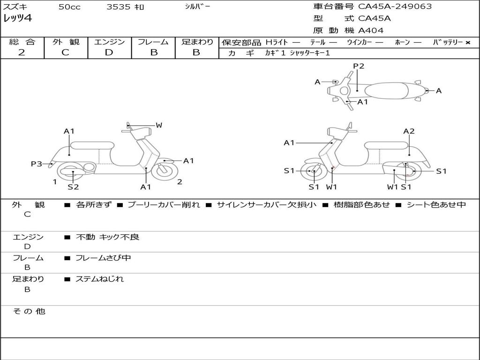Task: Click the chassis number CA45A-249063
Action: tap(395, 7)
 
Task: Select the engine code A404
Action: tap(371, 30)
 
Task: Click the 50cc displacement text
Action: tap(69, 7)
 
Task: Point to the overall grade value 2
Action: tap(22, 52)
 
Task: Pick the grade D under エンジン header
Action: tap(109, 52)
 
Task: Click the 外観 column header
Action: tap(66, 42)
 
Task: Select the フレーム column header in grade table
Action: tap(153, 42)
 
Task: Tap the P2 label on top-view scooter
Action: tap(359, 66)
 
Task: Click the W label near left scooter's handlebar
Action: tap(159, 125)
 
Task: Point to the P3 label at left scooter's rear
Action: tap(37, 164)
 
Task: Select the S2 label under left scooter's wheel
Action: tap(73, 187)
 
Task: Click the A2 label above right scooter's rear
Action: tap(409, 131)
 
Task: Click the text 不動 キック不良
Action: tap(107, 237)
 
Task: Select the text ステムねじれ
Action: tap(99, 279)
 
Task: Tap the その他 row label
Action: tap(29, 311)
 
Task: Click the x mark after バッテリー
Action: tap(468, 42)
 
